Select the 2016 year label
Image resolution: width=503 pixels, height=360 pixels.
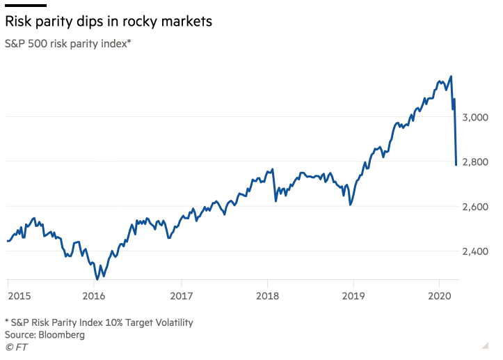coord(94,296)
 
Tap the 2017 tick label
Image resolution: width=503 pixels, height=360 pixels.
coord(181,296)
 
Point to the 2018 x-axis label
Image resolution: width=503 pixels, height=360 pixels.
coord(267,296)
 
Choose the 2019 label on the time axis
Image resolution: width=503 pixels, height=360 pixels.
coord(353,296)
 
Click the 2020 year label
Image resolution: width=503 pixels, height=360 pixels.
coord(440,296)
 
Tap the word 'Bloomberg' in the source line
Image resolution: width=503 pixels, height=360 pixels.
coord(63,334)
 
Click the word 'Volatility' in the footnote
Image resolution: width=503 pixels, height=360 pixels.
coord(170,322)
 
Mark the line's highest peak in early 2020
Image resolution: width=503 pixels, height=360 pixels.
coord(452,77)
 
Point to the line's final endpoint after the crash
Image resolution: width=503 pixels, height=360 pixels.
coord(456,165)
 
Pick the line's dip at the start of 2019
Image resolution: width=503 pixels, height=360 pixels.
coord(351,205)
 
